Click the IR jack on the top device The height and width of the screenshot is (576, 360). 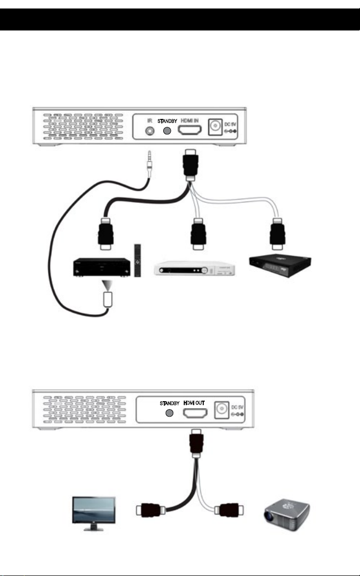[149, 131]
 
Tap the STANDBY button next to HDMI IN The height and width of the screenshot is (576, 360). [167, 130]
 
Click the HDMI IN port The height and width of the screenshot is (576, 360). [190, 130]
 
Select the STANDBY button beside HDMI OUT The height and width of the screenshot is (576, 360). [170, 413]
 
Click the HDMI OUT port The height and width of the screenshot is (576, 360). [195, 413]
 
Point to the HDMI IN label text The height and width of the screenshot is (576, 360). [190, 120]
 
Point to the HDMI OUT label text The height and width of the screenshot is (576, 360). [194, 403]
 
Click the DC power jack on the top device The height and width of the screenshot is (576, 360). [214, 127]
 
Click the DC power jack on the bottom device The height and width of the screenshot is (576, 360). [221, 409]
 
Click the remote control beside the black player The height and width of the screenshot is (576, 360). [137, 260]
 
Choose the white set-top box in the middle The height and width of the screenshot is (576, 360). [194, 268]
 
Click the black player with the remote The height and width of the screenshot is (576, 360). [102, 267]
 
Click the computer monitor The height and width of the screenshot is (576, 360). [93, 514]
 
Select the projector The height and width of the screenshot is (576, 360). [287, 514]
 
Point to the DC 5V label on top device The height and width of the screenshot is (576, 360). [230, 124]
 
